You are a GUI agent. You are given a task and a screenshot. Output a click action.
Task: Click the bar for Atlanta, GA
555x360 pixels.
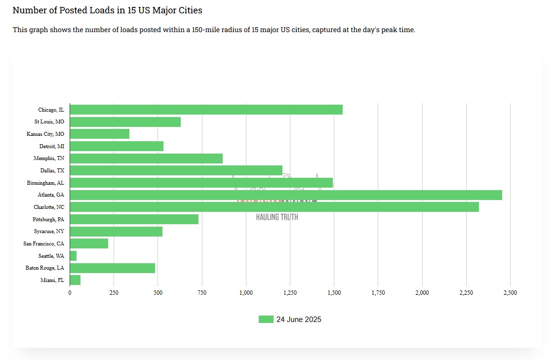click(286, 195)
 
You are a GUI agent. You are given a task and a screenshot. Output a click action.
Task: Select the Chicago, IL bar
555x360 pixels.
click(206, 110)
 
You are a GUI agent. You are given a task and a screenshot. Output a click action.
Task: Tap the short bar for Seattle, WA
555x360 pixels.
click(74, 256)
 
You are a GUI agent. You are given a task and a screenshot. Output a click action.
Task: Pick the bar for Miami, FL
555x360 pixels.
click(75, 280)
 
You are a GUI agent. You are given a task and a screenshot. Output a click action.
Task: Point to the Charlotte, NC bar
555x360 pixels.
click(275, 207)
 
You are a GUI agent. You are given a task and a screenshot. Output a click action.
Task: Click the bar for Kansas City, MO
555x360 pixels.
click(100, 134)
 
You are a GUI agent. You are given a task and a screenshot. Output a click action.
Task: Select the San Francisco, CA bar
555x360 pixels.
click(89, 243)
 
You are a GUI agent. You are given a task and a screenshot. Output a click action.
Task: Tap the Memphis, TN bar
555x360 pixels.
click(146, 159)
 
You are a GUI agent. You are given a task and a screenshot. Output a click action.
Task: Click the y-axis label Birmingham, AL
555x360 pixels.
click(45, 183)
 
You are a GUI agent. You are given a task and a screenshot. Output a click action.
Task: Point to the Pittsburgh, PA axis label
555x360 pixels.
click(48, 219)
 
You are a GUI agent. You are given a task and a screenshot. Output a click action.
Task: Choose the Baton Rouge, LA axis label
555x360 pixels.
click(45, 268)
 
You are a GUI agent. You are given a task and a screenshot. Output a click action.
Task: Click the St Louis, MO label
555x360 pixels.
click(49, 121)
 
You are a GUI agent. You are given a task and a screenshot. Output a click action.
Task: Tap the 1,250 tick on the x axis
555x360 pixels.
click(290, 293)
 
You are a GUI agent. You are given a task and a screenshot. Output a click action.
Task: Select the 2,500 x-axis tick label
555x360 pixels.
click(510, 293)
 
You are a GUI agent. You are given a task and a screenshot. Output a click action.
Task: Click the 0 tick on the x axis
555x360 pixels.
click(70, 293)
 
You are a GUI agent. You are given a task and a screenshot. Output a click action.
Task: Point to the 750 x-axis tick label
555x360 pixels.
click(201, 293)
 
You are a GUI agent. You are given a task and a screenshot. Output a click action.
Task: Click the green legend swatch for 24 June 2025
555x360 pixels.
click(266, 320)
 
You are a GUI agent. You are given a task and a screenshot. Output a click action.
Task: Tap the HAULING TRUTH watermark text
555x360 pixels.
click(277, 217)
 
